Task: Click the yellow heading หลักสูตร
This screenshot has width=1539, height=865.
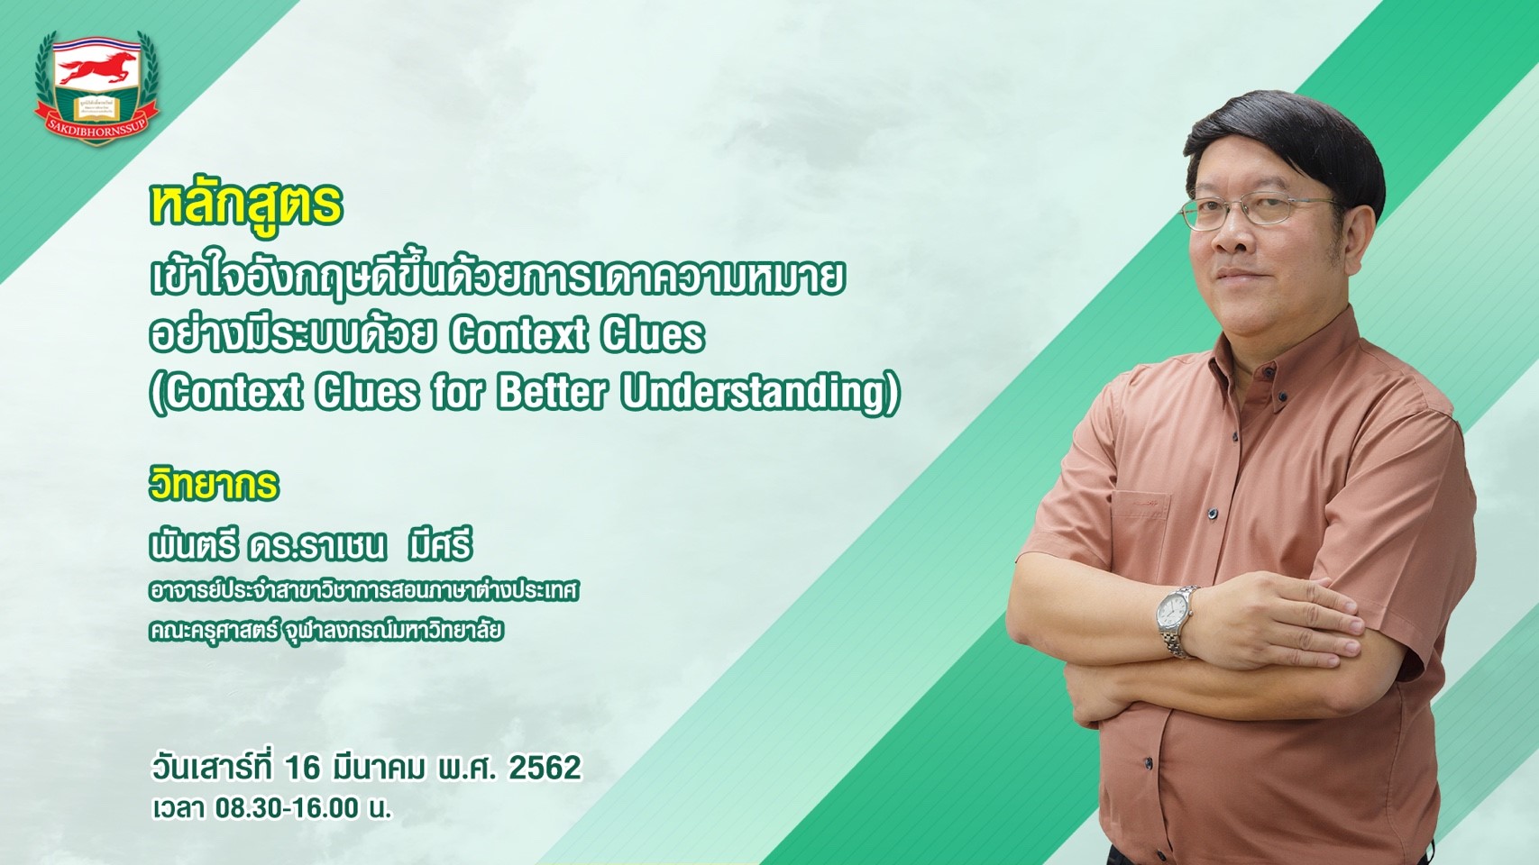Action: (246, 206)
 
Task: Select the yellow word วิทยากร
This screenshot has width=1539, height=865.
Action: (214, 485)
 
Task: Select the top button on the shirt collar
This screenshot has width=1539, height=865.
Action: (1284, 397)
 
